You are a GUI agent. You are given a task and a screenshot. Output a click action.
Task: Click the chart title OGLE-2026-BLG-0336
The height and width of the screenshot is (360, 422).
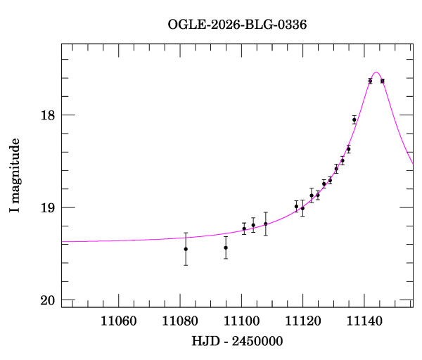pos(237,25)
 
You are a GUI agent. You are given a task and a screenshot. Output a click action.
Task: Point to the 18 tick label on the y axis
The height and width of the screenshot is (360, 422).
pos(48,115)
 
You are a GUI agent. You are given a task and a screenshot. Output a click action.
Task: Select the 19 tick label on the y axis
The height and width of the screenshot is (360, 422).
pos(48,208)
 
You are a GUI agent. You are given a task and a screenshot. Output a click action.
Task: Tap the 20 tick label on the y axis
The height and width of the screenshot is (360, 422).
pos(48,301)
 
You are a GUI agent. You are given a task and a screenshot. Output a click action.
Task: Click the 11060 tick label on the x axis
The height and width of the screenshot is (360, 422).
pos(119,321)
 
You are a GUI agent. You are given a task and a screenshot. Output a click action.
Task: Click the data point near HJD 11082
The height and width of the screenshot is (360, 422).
pos(186,249)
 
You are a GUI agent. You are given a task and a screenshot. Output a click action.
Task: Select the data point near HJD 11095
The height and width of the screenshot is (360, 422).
pos(226,247)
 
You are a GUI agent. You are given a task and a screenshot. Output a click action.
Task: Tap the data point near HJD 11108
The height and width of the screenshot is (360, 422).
pos(266,224)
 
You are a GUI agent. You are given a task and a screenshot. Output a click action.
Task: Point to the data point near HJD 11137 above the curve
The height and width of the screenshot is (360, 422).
pos(354,120)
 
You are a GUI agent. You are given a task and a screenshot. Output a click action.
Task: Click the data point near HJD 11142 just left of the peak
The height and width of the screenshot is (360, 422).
pos(370,81)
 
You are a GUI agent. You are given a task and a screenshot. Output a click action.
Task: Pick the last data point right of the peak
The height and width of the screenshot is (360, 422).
pos(383,81)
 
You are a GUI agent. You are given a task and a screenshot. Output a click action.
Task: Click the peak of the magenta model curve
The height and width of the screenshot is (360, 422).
pos(376,72)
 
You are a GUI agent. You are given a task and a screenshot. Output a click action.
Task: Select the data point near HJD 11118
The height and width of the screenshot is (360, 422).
pos(296,206)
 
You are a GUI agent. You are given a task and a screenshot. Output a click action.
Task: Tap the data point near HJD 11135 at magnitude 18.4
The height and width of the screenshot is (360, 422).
pos(349,149)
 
